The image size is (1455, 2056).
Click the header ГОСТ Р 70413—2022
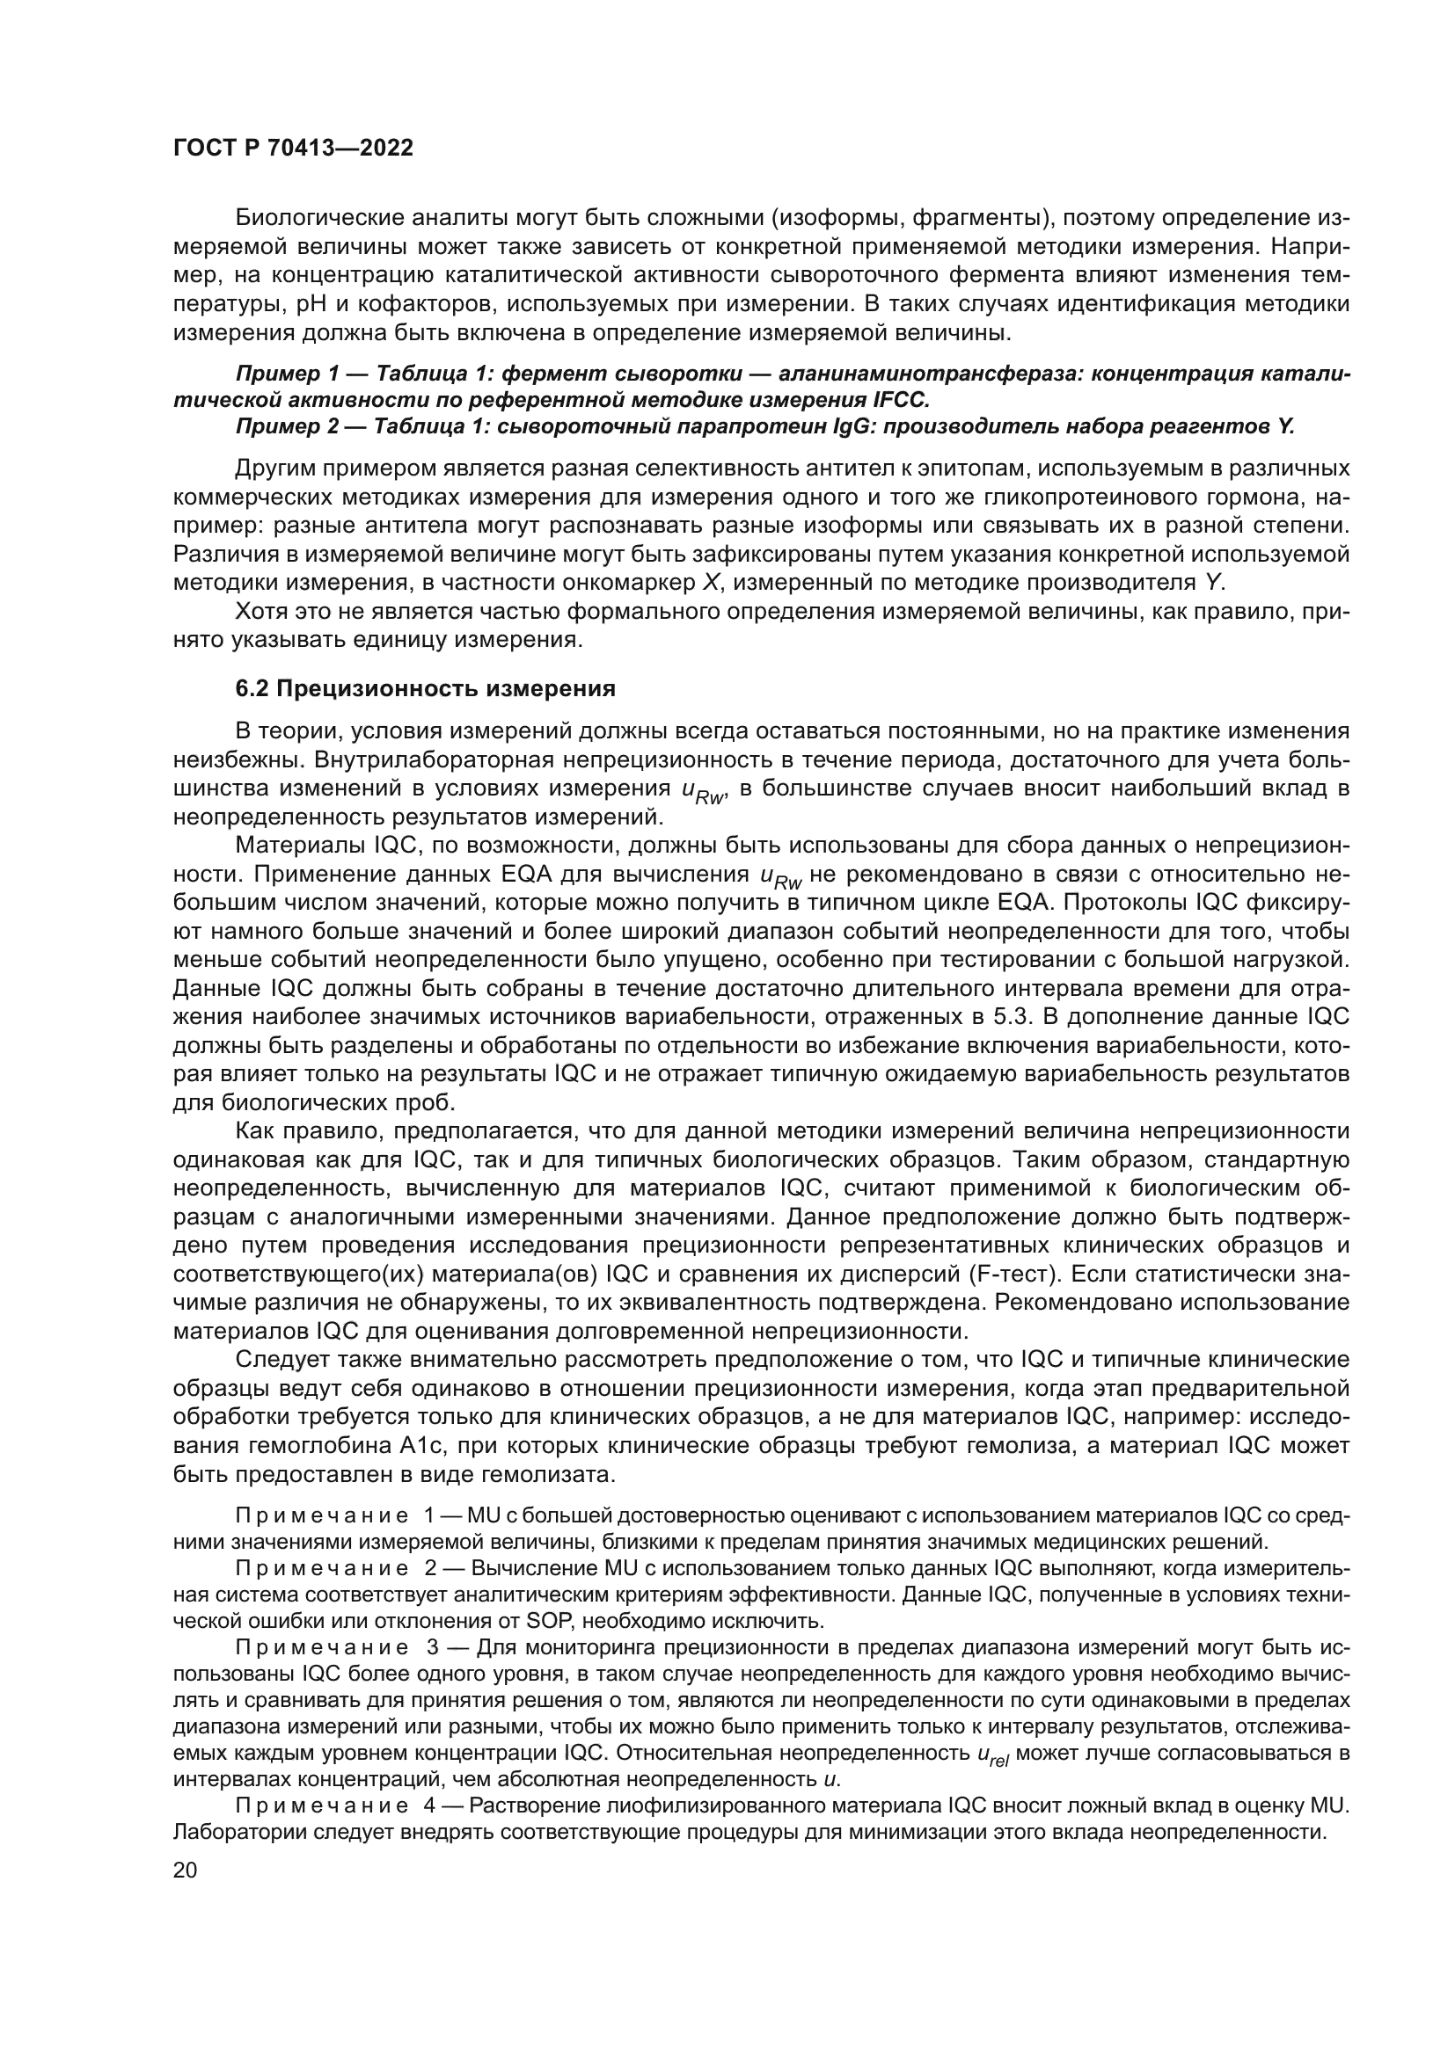point(293,149)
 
